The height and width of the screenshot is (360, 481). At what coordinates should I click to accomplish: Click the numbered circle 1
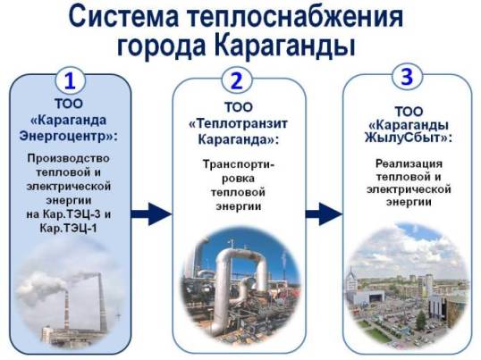tap(70, 81)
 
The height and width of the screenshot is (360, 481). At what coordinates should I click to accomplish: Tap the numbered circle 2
tap(236, 81)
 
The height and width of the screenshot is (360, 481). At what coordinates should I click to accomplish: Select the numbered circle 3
tap(407, 77)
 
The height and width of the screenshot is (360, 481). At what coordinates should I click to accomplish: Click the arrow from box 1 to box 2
tap(151, 213)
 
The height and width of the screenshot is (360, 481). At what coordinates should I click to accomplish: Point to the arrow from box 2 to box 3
tap(324, 213)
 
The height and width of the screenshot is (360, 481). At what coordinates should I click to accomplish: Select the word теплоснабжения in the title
tap(295, 17)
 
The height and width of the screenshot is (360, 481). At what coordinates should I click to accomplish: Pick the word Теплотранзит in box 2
tap(241, 123)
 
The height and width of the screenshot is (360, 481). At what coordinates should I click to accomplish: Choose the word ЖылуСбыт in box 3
tap(405, 138)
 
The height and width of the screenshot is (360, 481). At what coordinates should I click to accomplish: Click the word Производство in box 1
tap(69, 158)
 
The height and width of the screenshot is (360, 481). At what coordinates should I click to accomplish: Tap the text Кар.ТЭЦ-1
tap(68, 228)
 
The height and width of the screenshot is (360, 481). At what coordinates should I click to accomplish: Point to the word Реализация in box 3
tap(409, 163)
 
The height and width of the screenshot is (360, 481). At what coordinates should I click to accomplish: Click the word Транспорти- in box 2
tap(239, 164)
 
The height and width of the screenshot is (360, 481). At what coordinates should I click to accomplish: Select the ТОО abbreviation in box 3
tap(409, 112)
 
